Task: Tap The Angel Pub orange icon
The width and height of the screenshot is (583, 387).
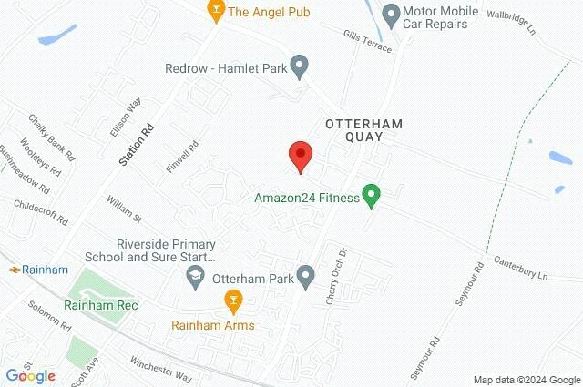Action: tap(216, 12)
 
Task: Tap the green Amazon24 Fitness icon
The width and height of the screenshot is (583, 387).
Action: tap(371, 195)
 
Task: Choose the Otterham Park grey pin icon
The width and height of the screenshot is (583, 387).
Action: tap(306, 275)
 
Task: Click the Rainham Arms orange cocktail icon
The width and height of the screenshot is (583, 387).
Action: tap(233, 300)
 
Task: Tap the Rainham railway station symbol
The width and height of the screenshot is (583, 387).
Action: tap(16, 270)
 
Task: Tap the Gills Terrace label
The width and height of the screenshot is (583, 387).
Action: tap(369, 37)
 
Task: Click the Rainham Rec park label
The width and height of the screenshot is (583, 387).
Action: tap(100, 306)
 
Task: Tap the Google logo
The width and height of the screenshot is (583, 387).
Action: tap(30, 375)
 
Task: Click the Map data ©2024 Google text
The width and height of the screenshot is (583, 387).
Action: tap(527, 380)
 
